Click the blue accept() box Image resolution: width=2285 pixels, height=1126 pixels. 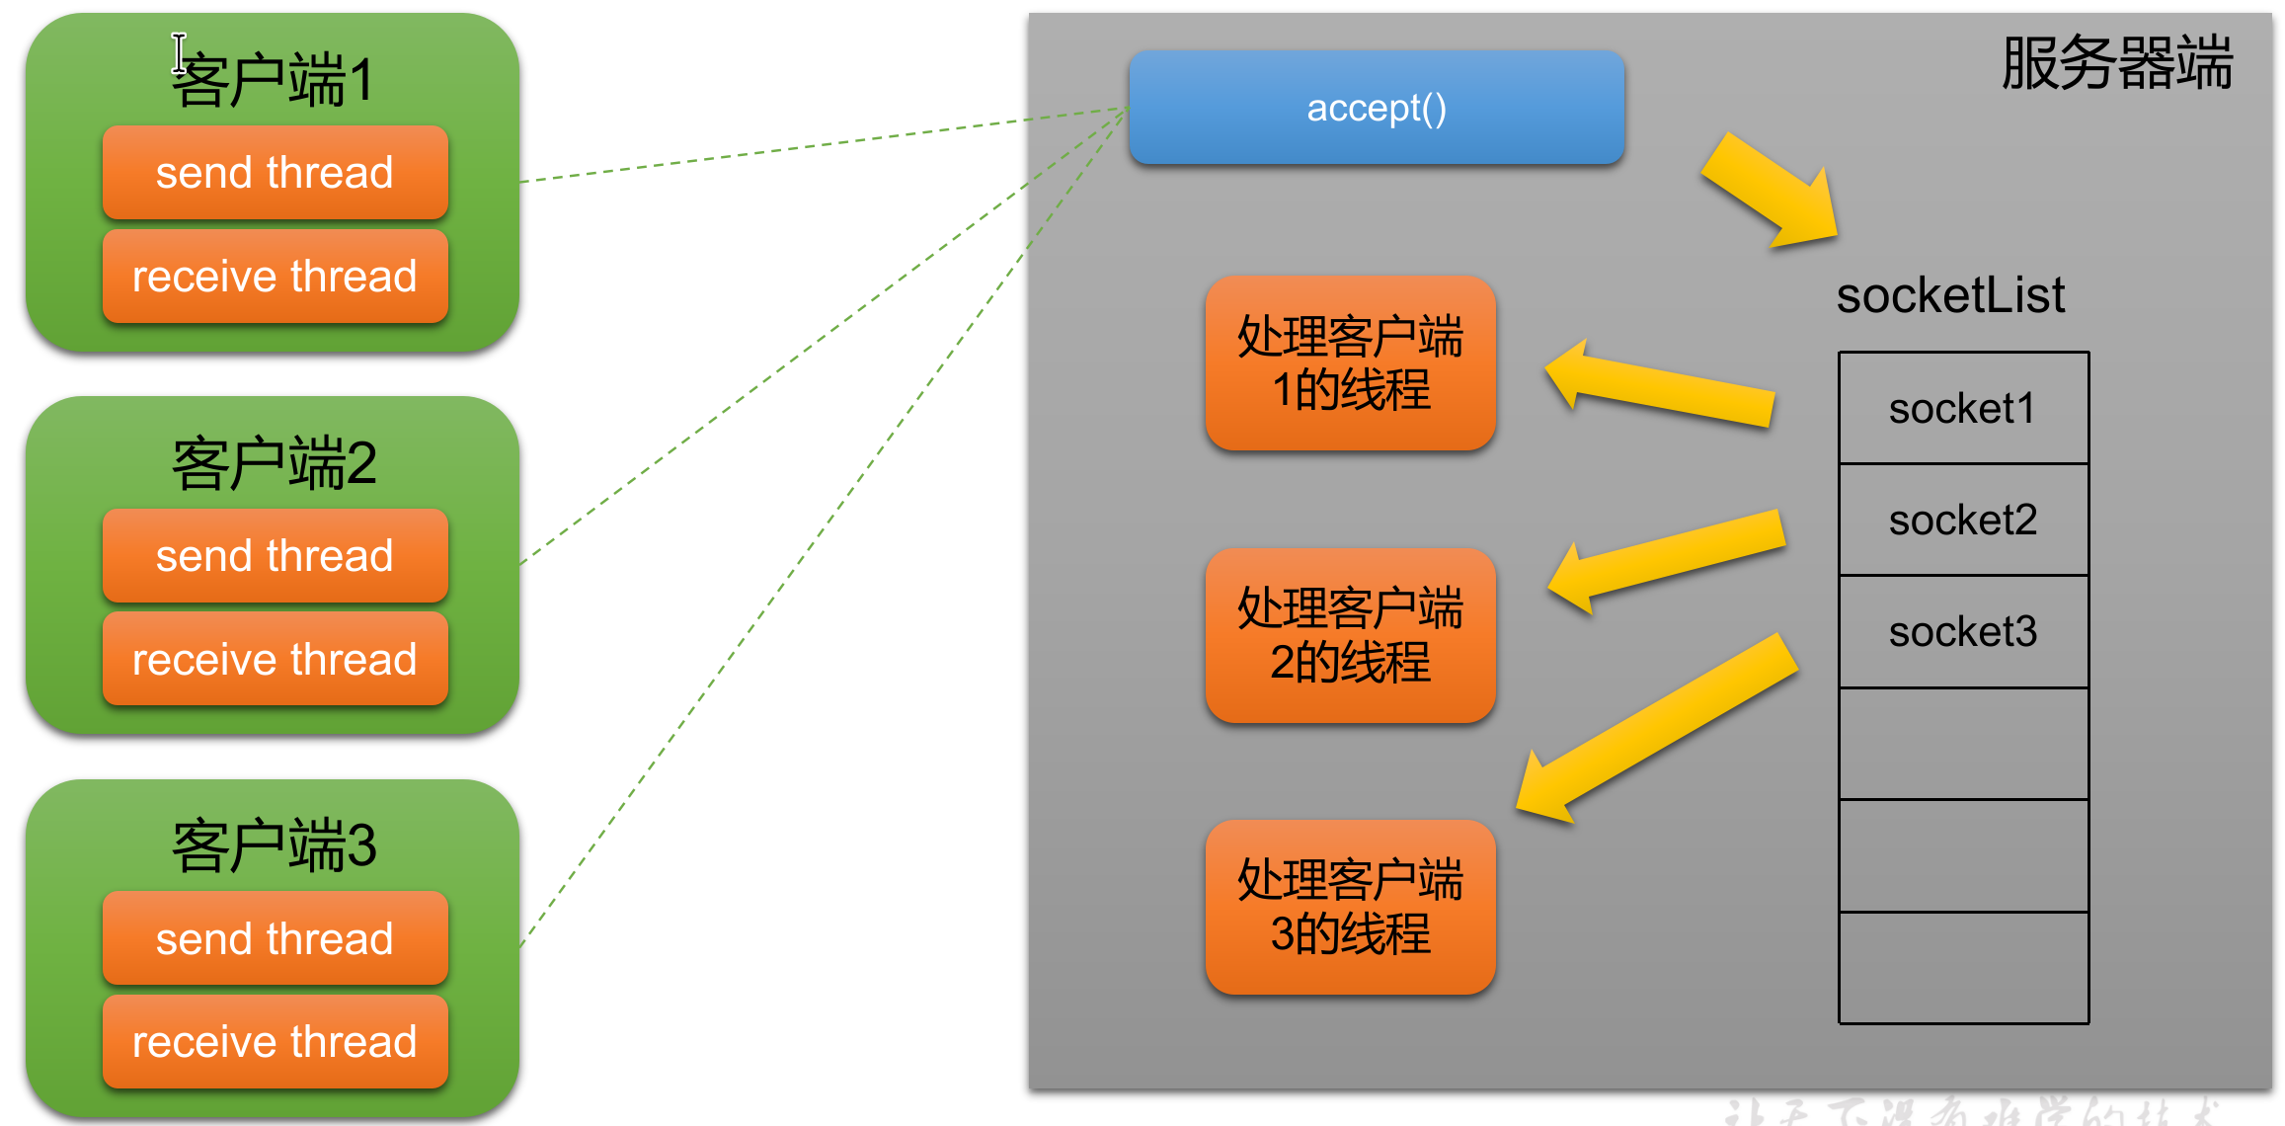click(1376, 108)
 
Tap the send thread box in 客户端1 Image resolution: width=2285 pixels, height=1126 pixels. click(275, 173)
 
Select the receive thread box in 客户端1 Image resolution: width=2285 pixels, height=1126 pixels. click(275, 277)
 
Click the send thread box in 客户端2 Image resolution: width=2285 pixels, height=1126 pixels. click(275, 556)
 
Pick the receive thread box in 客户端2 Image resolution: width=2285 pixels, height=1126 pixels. click(275, 660)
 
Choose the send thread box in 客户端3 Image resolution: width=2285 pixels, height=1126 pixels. click(275, 938)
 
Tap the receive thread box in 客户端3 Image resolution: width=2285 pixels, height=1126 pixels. click(275, 1042)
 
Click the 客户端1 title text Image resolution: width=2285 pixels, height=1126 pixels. click(275, 80)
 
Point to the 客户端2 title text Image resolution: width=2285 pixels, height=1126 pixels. click(275, 463)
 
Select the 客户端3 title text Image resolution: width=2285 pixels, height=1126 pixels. click(275, 845)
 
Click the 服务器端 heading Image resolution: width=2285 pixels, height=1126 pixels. click(2116, 63)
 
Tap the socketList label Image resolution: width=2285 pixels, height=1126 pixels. click(1950, 295)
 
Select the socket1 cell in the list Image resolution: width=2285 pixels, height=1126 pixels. click(1962, 409)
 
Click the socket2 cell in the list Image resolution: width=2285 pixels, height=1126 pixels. click(1962, 521)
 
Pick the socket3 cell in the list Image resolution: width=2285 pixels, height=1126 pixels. click(1962, 632)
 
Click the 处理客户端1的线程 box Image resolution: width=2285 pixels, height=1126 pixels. click(1350, 363)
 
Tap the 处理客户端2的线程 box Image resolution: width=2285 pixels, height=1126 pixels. click(1350, 635)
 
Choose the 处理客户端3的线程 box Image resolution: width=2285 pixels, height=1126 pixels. click(1350, 907)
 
